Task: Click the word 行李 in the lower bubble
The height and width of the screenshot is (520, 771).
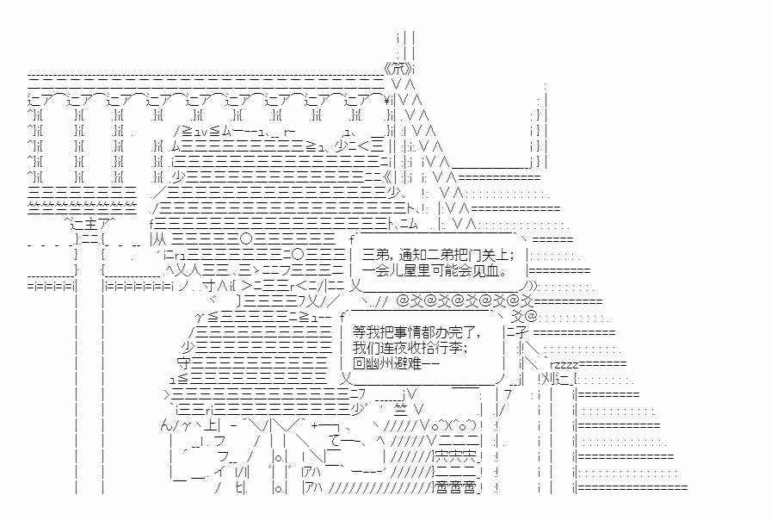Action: click(x=452, y=348)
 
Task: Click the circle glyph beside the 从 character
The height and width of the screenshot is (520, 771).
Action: click(x=246, y=238)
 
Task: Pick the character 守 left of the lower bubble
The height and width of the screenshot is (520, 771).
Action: click(x=183, y=363)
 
